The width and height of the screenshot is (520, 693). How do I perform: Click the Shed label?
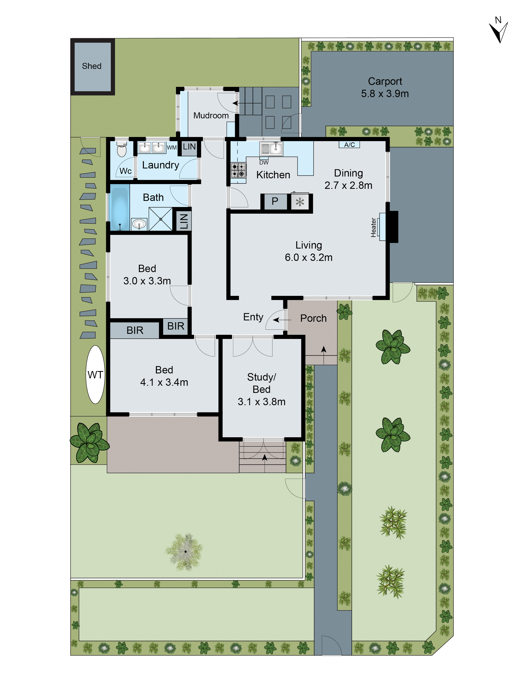(x=92, y=66)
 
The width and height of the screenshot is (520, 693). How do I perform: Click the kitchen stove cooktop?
(x=238, y=170)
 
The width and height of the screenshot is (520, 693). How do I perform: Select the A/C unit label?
(x=349, y=144)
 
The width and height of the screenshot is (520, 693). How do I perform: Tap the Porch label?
(x=313, y=318)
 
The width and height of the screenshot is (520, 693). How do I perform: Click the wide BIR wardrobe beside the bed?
(x=135, y=330)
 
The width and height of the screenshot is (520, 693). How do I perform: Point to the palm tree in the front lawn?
(x=185, y=551)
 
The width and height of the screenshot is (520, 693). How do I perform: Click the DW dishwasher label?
(x=264, y=162)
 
